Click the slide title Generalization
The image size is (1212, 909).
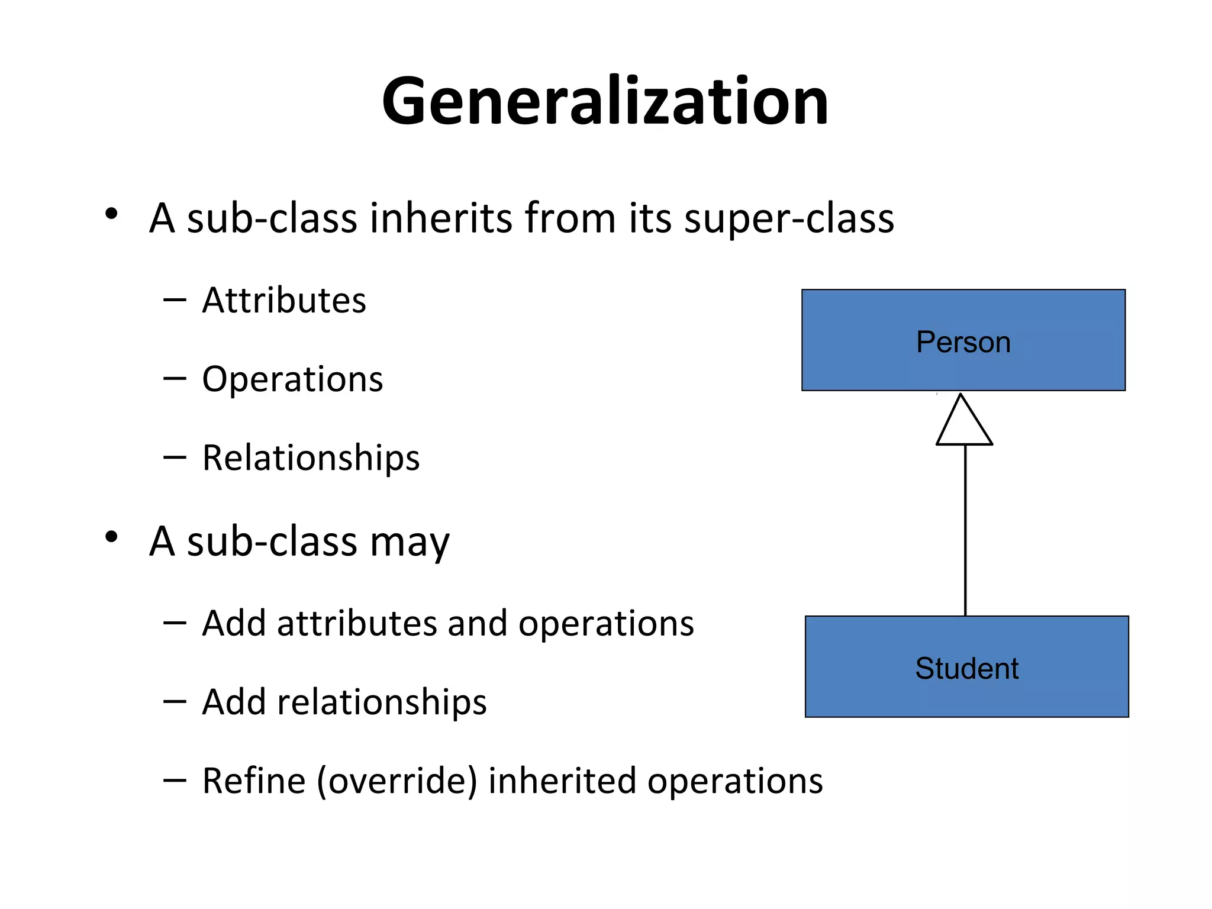tap(605, 102)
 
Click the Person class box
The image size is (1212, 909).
tap(963, 340)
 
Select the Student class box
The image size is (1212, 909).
tap(966, 667)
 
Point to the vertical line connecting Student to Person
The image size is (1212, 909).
tap(965, 530)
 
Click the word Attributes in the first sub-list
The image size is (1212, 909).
tap(284, 300)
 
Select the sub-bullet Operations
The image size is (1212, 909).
tap(292, 379)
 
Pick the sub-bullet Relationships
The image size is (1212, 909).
tap(311, 457)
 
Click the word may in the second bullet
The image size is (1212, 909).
tap(410, 542)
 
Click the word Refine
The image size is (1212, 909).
tap(253, 781)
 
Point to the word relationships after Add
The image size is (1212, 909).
tap(382, 702)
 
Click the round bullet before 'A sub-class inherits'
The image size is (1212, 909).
tap(111, 214)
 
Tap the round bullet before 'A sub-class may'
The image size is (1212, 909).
tap(111, 537)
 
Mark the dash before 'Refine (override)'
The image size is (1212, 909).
tap(175, 781)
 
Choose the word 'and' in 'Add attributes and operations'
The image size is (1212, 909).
tap(477, 623)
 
